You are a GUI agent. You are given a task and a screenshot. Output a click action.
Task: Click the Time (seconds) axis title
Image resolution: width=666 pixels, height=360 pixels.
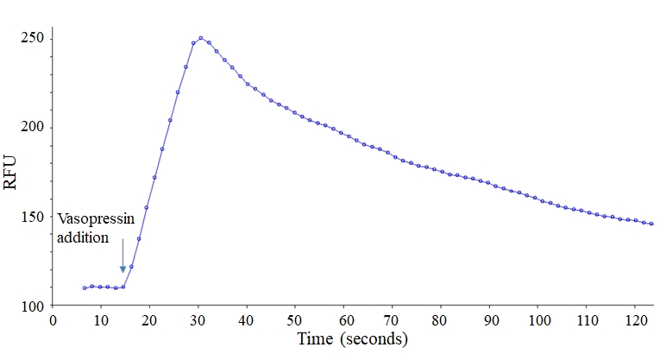click(x=352, y=339)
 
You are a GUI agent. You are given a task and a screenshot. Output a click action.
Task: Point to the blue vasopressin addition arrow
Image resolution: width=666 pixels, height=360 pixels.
click(x=123, y=256)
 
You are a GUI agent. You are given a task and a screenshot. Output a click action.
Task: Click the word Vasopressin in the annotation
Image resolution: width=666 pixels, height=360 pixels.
click(x=96, y=219)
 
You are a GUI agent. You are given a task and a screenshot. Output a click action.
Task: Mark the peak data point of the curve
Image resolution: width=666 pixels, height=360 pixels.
click(x=200, y=38)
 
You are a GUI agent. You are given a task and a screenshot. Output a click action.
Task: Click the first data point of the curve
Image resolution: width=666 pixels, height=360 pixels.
click(x=85, y=287)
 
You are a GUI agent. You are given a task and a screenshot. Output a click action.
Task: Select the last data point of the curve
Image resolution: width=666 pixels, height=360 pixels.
click(x=651, y=224)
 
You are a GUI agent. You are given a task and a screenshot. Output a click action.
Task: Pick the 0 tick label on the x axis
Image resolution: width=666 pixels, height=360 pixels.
click(x=53, y=320)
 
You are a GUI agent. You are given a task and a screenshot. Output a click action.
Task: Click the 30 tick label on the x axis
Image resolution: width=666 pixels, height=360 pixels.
click(x=198, y=320)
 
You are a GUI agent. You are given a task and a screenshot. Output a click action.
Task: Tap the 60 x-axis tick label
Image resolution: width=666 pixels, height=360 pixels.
click(x=344, y=320)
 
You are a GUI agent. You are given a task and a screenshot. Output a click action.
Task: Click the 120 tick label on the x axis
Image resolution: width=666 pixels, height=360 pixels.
click(x=636, y=320)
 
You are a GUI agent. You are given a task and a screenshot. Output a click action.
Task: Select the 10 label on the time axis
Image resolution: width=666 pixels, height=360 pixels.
click(x=101, y=320)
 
